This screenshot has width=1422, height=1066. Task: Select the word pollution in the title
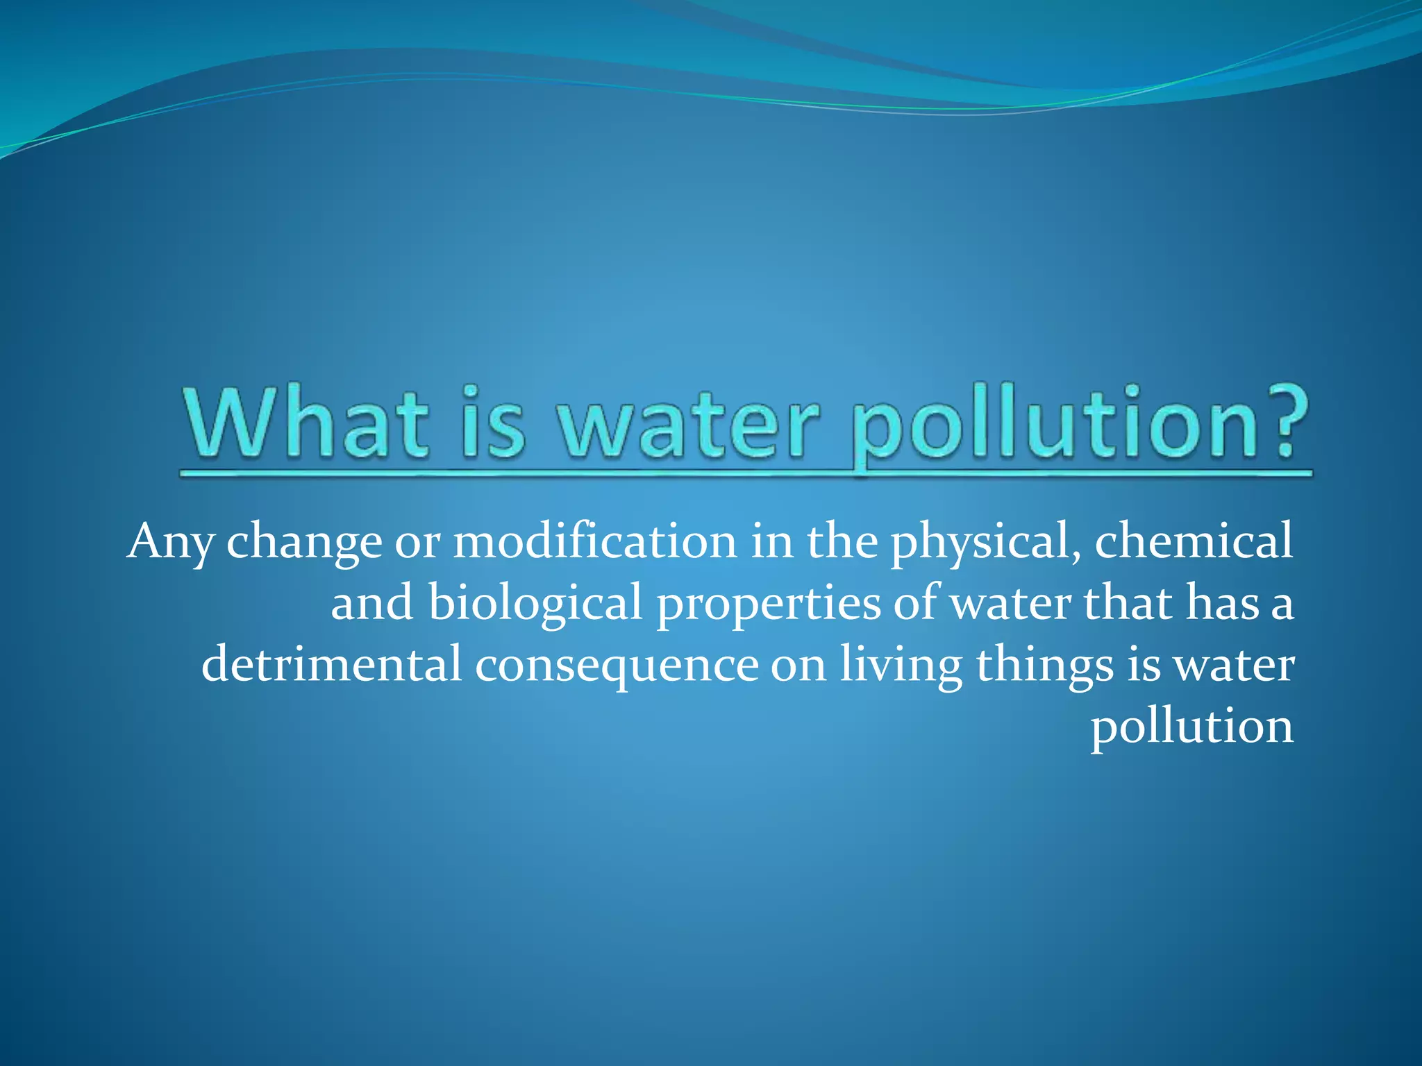pyautogui.click(x=1055, y=423)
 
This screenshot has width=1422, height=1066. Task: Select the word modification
pyautogui.click(x=595, y=541)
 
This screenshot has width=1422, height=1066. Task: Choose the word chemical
pyautogui.click(x=1194, y=541)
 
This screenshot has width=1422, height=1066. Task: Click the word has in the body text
pyautogui.click(x=1221, y=602)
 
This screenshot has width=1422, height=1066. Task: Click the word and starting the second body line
pyautogui.click(x=372, y=602)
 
